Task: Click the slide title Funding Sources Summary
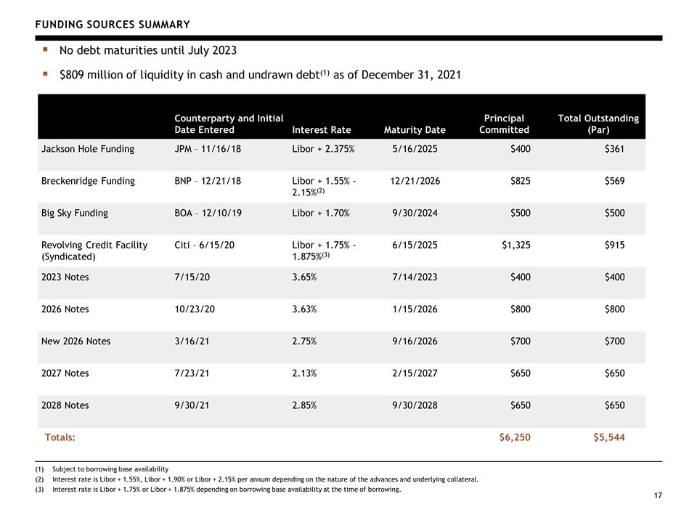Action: coord(113,25)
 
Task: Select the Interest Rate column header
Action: coord(322,130)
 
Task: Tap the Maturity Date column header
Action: coord(415,130)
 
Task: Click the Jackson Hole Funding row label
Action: coord(88,149)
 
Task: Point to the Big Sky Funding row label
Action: coord(75,213)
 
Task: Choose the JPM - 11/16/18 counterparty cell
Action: coord(208,149)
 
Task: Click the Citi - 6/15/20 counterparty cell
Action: coord(205,245)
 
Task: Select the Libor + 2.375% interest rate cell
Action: coord(323,149)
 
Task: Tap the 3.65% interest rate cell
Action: coord(304,277)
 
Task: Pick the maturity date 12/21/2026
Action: coord(415,181)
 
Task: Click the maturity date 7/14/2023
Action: coord(415,277)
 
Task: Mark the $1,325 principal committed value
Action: coord(516,245)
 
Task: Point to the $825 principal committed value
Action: coord(521,181)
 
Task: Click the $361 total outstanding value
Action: coord(615,149)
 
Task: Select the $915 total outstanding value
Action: coord(615,245)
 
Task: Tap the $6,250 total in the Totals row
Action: coord(515,437)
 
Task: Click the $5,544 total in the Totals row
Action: coord(609,437)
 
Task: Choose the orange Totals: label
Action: coord(60,437)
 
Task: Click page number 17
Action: coord(658,495)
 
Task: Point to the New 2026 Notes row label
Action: coord(76,341)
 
